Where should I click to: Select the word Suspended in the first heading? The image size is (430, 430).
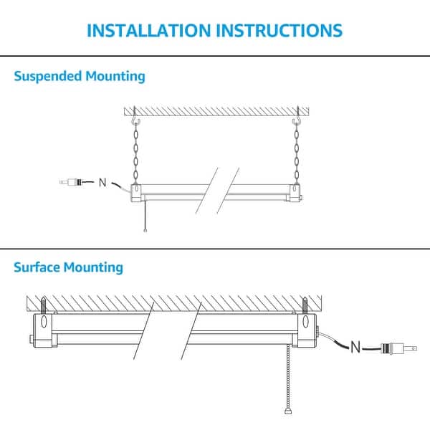click(x=49, y=76)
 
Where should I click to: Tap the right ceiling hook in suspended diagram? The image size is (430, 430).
click(x=296, y=121)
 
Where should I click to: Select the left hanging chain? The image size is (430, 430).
click(x=135, y=154)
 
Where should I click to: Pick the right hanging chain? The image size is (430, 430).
click(x=296, y=154)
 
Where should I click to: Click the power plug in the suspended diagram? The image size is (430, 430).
click(x=72, y=182)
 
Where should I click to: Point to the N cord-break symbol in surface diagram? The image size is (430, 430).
click(x=355, y=348)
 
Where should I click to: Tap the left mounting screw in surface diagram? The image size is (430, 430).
click(x=44, y=305)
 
